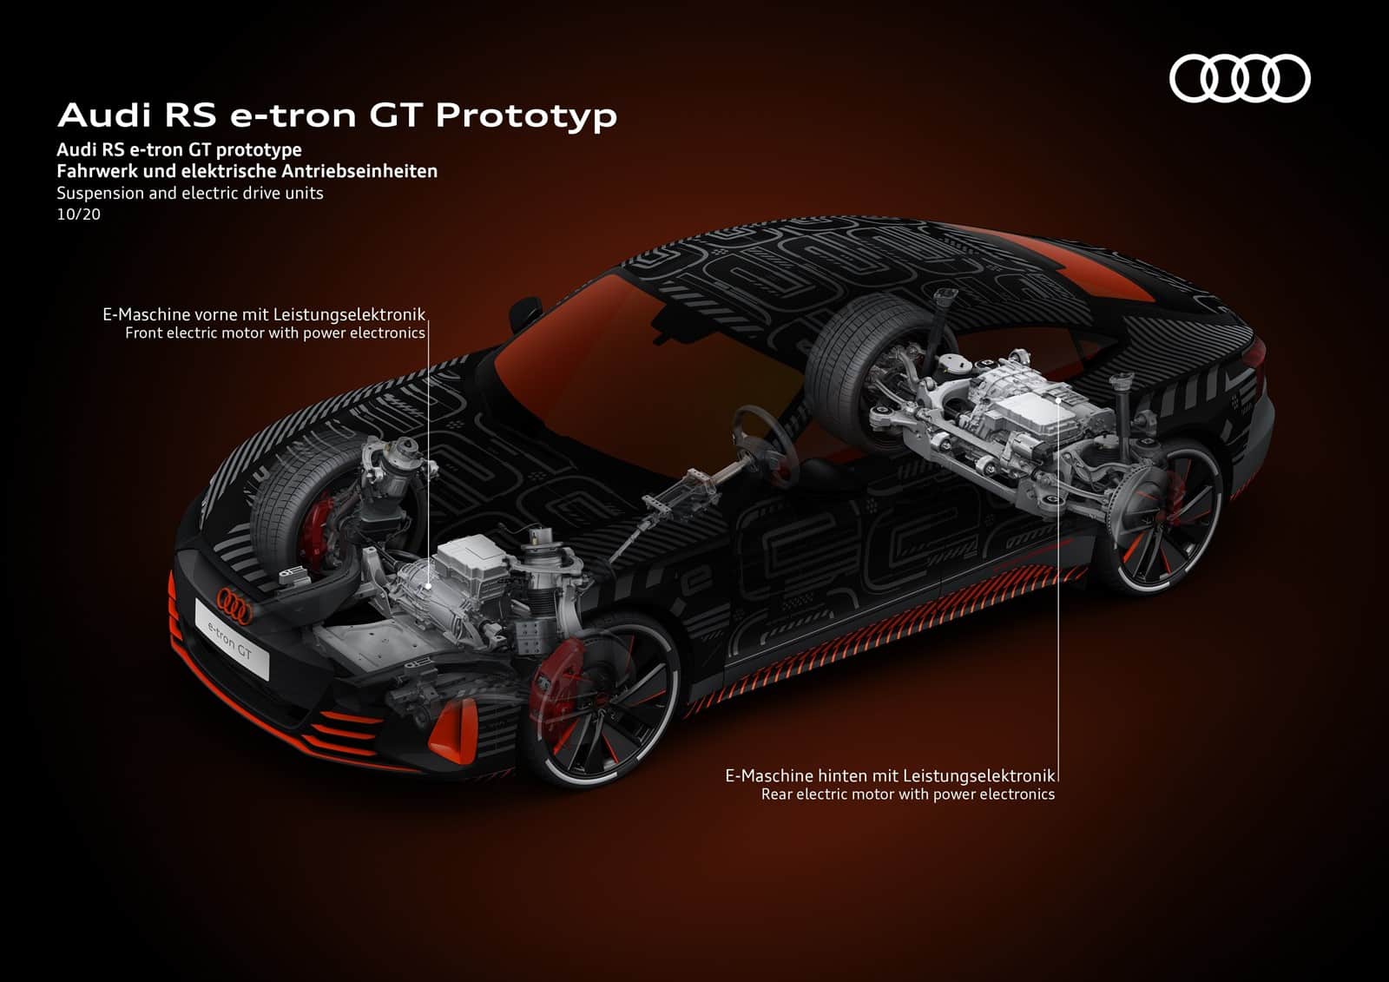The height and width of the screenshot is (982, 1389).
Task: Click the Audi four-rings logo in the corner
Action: tap(1240, 79)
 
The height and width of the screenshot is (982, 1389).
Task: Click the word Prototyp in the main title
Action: tap(526, 116)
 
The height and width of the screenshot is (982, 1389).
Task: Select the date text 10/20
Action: tap(78, 214)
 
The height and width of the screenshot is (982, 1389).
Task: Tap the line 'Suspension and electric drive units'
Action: tap(190, 194)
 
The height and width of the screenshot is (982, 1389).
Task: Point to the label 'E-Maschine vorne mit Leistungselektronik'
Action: tap(264, 314)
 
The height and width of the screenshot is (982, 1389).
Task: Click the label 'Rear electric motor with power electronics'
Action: tap(908, 794)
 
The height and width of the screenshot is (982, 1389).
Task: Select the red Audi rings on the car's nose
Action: tap(234, 603)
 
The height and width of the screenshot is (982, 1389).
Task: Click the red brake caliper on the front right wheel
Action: tap(552, 680)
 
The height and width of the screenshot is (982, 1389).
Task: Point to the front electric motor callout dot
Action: tap(429, 584)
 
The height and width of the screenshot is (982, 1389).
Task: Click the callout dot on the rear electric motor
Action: tap(1057, 400)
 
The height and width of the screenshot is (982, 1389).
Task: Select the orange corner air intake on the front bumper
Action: tap(453, 732)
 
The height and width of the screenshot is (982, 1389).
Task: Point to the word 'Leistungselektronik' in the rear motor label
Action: tap(978, 775)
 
